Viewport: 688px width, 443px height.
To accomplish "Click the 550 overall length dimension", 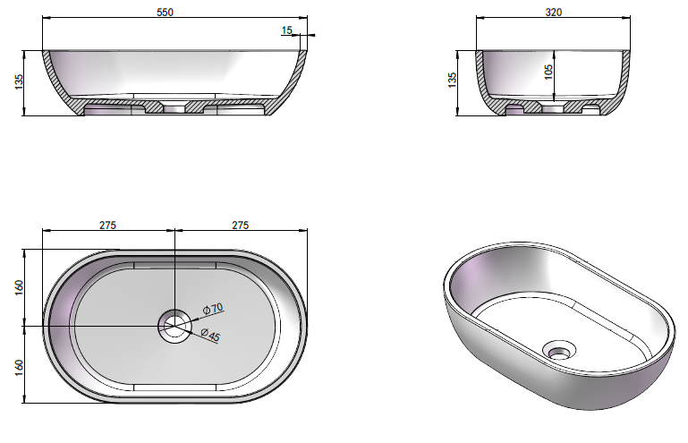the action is tap(165, 13).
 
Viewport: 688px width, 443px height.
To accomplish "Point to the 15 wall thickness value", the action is tap(286, 30).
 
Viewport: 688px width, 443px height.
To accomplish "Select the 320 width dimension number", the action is tap(553, 13).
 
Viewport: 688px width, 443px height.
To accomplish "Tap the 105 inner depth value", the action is tap(548, 72).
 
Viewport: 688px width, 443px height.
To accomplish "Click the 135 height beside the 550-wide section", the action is tap(19, 82).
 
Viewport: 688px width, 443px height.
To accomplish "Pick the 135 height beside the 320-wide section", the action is tap(452, 80).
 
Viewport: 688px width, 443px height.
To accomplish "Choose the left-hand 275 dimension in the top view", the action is tap(107, 226).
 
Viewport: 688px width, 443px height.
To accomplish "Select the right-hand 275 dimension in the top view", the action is tap(240, 226).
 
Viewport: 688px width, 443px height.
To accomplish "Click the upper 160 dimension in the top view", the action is tap(19, 287).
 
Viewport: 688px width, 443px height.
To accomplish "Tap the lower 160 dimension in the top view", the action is tap(19, 368).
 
